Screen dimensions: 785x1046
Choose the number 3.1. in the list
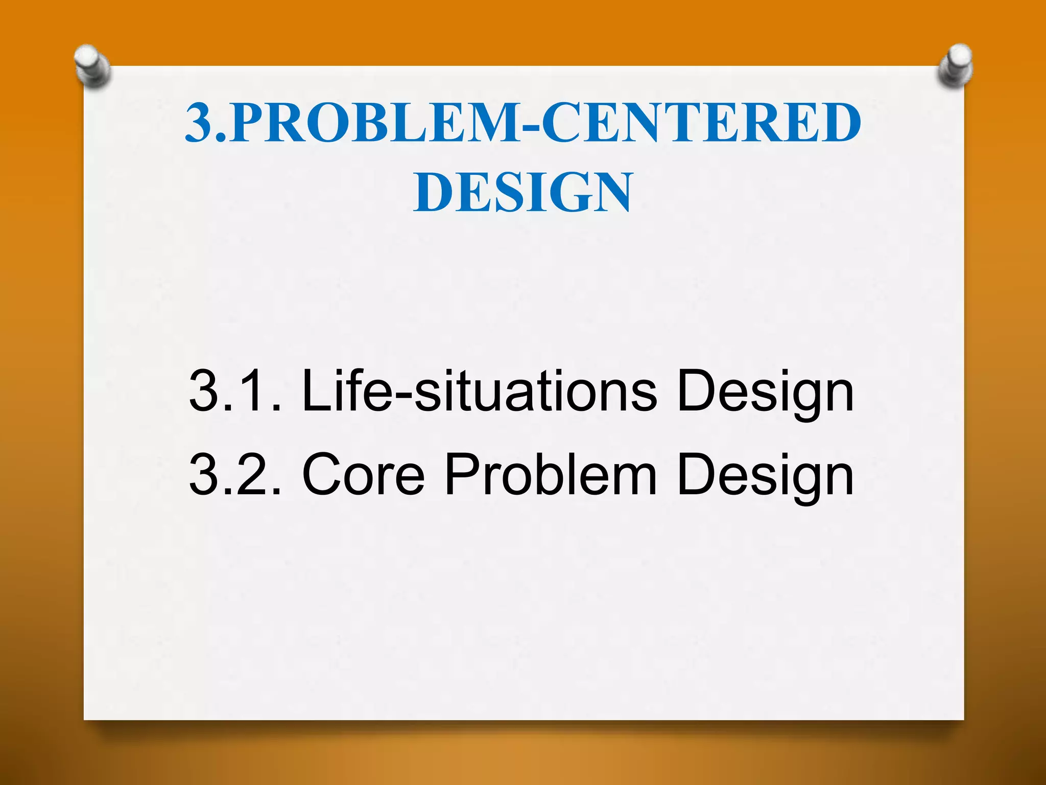tap(235, 391)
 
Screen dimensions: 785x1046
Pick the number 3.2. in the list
tap(235, 475)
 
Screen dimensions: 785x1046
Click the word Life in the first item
tap(347, 391)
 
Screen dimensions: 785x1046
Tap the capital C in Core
tap(323, 475)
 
